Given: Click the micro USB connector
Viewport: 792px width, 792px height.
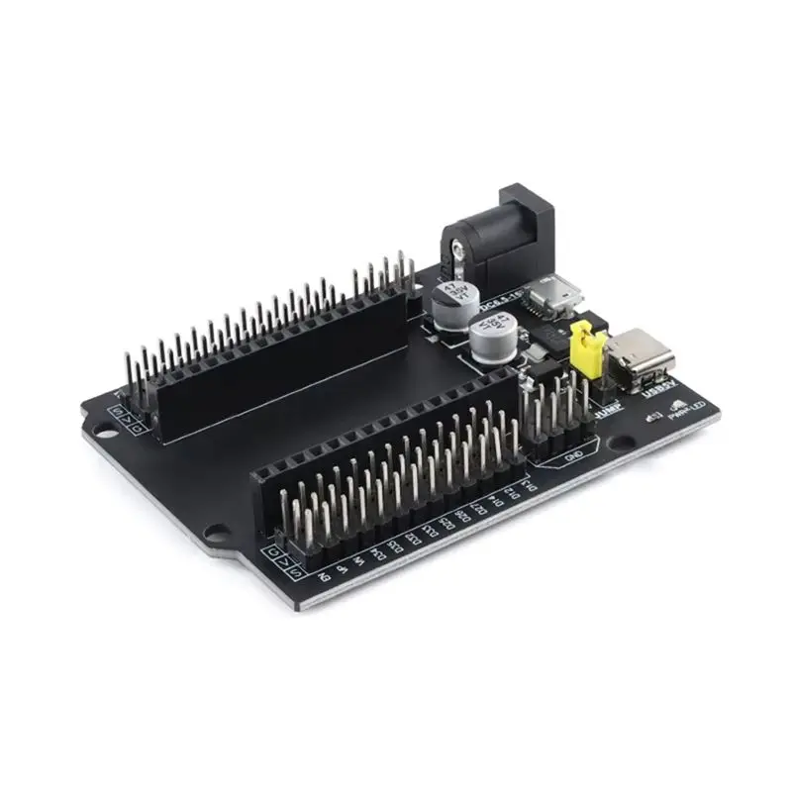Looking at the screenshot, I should (546, 294).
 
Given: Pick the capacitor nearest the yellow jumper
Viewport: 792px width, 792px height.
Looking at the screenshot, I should (492, 339).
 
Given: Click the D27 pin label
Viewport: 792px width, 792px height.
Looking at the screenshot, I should (476, 511).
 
